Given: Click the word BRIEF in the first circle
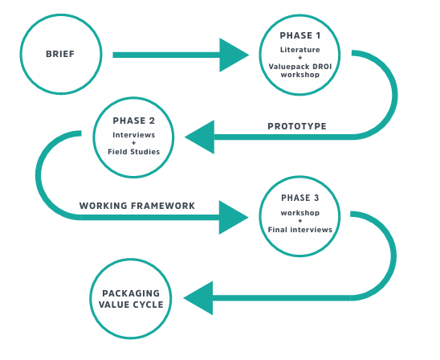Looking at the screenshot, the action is coord(60,54).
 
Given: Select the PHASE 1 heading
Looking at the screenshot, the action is coord(300,35).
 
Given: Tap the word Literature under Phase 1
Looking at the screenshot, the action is coord(300,50).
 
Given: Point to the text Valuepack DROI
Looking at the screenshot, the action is coord(300,67).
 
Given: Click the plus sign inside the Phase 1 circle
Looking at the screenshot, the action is coord(300,58).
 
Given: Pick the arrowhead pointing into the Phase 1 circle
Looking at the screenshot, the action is coord(234,55).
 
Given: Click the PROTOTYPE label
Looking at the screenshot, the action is coord(297,126).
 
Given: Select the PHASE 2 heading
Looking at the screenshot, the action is coord(133,121).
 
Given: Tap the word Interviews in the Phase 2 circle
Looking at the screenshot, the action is coord(133,135).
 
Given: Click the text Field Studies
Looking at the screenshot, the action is coord(133,152).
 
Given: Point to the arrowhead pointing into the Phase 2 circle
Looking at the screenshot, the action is coord(199,137).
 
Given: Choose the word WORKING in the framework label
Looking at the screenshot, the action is coord(104,206).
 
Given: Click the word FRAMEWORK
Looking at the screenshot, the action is coord(162,206).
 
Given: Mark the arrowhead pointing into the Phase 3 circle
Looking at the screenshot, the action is coord(234,217).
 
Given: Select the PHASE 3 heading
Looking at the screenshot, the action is coord(300,198).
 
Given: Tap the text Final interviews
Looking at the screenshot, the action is coord(300,230).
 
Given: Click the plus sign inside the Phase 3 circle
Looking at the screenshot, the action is coord(300,221).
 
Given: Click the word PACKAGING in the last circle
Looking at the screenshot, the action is coord(131,293).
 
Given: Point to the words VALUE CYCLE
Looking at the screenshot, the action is coord(131,305).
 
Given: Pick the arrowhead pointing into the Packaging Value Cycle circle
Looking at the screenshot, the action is coord(198,298).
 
